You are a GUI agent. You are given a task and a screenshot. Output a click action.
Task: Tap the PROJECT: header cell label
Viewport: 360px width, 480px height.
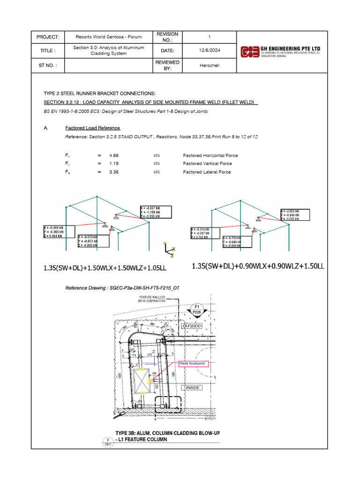48,37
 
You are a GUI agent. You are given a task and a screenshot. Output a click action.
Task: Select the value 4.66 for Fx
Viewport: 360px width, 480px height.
114,155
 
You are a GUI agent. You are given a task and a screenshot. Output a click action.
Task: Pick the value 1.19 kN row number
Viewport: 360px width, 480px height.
114,164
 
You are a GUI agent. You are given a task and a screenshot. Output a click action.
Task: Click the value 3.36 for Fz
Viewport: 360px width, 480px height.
114,172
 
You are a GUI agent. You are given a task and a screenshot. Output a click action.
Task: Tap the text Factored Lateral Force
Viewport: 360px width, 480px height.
207,172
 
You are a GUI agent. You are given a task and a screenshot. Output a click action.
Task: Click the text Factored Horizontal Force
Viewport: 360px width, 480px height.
210,155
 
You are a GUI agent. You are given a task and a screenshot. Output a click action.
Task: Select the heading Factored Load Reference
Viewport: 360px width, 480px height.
92,128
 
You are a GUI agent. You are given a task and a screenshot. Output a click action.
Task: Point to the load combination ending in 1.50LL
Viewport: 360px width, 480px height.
258,266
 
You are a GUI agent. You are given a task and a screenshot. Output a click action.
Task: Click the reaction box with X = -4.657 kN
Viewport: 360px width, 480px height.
156,212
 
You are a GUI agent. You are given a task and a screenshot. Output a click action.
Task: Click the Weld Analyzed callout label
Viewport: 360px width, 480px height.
192,363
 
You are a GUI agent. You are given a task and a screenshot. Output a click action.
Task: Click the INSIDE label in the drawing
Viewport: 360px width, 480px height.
193,388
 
